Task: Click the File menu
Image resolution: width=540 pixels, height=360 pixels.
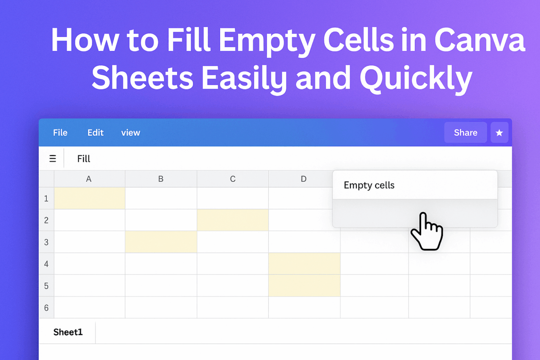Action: coord(60,133)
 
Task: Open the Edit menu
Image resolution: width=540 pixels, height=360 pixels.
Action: coord(95,133)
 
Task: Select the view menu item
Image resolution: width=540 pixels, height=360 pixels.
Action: coord(130,133)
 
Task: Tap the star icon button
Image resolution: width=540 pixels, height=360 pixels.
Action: coord(499,133)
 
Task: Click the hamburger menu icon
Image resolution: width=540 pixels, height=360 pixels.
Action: coord(53,158)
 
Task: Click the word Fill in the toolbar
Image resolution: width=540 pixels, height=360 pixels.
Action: coord(84,158)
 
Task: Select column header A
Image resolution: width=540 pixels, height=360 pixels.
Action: coord(89,179)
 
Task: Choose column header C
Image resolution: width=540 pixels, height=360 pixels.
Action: coord(233,179)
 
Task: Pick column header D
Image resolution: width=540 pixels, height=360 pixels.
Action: coord(304,179)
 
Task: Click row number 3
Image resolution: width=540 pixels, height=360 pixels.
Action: coord(46,242)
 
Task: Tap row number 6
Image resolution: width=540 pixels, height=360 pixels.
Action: coord(46,308)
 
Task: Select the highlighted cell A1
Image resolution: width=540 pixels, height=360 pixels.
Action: coord(90,198)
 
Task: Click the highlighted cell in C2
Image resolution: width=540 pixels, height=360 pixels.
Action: coord(233,220)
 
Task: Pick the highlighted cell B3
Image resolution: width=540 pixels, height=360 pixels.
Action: coord(161,242)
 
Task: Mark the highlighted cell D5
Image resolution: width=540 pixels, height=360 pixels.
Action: coord(304,286)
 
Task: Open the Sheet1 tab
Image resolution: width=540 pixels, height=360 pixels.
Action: coord(68,333)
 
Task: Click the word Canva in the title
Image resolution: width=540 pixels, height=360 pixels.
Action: coord(479,42)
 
